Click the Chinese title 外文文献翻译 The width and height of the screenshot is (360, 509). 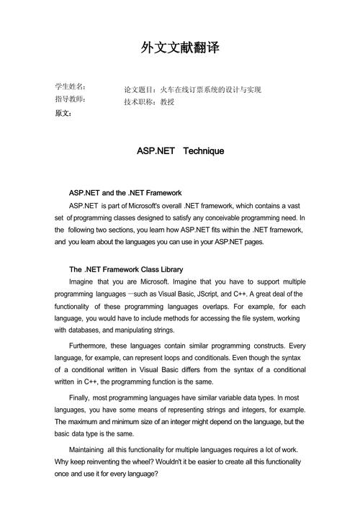click(x=180, y=48)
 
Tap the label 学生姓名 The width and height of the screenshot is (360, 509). click(x=70, y=86)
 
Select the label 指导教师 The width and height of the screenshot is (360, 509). click(x=70, y=99)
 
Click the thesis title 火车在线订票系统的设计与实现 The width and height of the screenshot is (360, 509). click(x=210, y=90)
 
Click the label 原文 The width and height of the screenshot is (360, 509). click(x=63, y=113)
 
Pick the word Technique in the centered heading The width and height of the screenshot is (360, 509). click(x=204, y=151)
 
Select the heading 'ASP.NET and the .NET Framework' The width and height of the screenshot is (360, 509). click(x=125, y=193)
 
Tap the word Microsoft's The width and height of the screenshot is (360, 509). click(x=172, y=205)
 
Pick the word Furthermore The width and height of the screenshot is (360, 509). click(x=91, y=345)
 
